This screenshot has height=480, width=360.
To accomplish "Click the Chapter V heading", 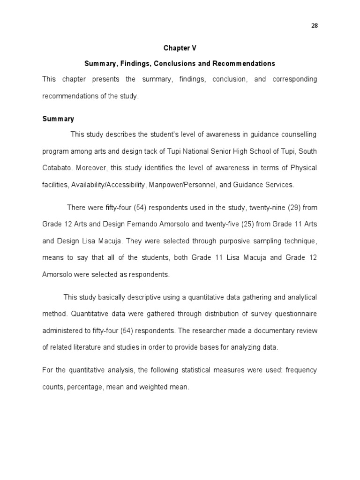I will [x=180, y=48].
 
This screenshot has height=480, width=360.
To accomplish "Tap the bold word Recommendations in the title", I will [x=244, y=63].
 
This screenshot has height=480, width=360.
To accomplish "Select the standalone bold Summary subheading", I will [x=58, y=119].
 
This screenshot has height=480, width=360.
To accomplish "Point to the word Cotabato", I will [x=57, y=168].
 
